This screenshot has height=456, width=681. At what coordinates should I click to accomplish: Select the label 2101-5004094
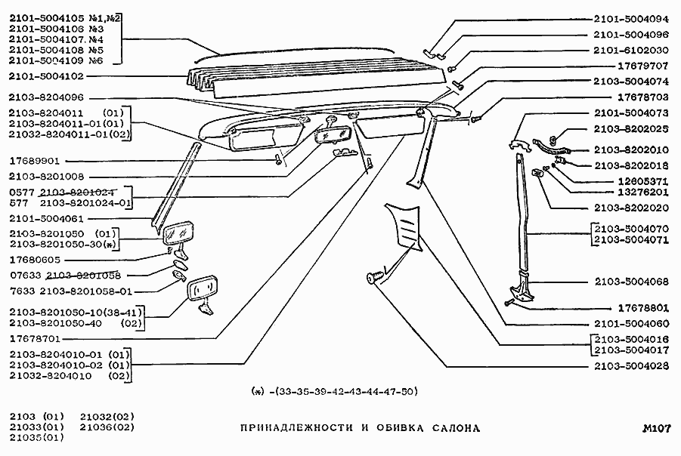click(x=631, y=20)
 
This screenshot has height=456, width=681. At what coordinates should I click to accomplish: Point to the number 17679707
click(x=643, y=66)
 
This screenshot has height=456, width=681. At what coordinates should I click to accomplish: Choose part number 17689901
click(x=36, y=161)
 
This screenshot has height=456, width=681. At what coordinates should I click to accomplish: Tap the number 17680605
click(x=36, y=260)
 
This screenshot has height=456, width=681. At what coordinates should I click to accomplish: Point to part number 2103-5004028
click(x=631, y=366)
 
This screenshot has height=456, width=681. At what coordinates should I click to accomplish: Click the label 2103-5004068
click(x=631, y=281)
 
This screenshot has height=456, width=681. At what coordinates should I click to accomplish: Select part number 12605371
click(x=643, y=181)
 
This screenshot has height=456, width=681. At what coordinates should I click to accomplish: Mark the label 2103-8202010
click(x=631, y=149)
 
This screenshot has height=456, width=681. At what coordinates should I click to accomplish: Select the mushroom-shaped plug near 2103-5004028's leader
click(x=373, y=277)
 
